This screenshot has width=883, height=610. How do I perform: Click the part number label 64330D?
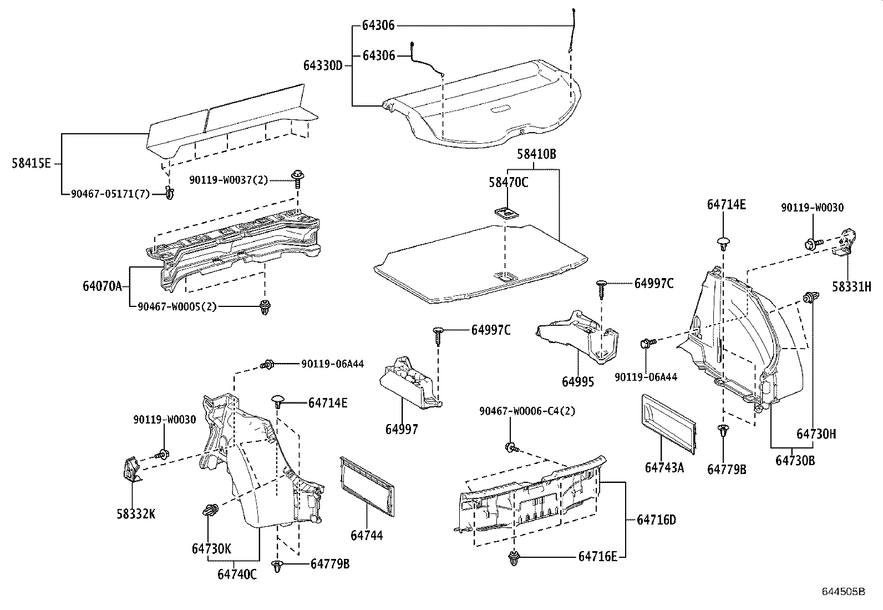click(x=323, y=65)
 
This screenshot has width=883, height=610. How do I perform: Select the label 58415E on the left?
click(x=31, y=163)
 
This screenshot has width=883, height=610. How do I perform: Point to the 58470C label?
click(x=508, y=182)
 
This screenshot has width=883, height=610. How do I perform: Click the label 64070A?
click(x=102, y=286)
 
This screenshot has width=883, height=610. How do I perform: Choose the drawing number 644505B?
click(x=843, y=592)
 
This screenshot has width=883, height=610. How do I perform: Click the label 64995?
click(x=578, y=382)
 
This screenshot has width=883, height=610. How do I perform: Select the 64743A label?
click(x=664, y=467)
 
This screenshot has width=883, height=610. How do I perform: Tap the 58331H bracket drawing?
click(x=845, y=243)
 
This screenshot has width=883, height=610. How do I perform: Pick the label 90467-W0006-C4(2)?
click(x=527, y=411)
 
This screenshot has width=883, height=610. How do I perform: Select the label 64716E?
click(x=597, y=556)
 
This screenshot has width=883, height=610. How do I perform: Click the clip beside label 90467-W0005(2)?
click(x=265, y=306)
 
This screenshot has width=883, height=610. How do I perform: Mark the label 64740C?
click(x=237, y=574)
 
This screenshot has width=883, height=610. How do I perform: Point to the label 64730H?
click(x=816, y=433)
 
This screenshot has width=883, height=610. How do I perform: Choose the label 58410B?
click(x=536, y=155)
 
